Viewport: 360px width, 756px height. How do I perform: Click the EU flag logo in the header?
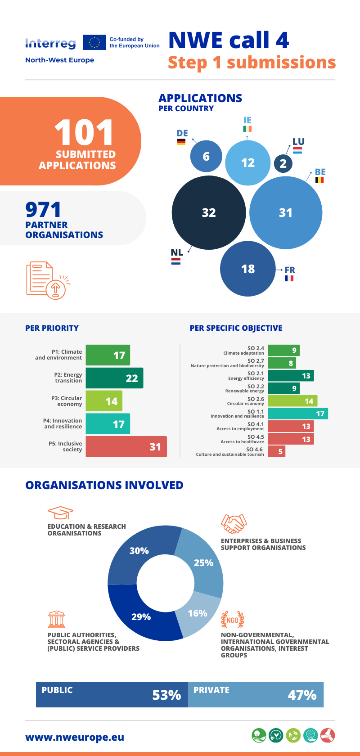[94, 42]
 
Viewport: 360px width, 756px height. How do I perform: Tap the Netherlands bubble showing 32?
[209, 212]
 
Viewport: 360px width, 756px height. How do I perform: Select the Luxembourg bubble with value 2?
[283, 163]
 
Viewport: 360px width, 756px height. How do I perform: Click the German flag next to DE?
[181, 142]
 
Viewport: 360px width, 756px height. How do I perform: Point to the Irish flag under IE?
[247, 129]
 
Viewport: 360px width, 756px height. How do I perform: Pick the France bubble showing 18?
[247, 269]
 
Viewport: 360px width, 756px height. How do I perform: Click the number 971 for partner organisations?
[43, 210]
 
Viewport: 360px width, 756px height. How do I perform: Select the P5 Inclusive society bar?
[126, 447]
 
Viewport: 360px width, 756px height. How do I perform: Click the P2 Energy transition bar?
[114, 378]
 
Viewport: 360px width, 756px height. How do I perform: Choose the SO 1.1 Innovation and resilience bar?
[297, 414]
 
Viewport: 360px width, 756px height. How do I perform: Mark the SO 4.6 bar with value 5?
[276, 451]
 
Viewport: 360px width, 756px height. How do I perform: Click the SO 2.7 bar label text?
[227, 363]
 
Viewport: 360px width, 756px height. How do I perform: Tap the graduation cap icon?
[60, 513]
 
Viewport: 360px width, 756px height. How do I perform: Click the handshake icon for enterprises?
[234, 524]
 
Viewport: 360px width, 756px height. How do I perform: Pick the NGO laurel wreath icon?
[233, 620]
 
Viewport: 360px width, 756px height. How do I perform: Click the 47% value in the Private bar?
[302, 695]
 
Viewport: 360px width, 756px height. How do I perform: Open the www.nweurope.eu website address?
[75, 737]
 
